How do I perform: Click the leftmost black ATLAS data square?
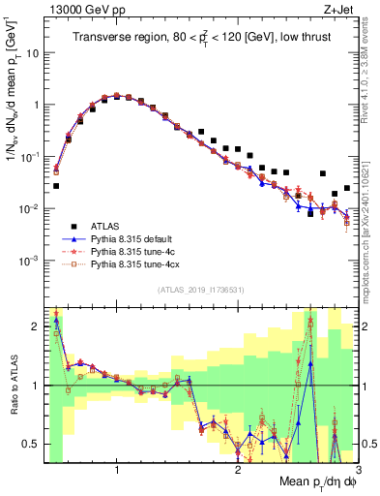(x=56, y=185)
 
